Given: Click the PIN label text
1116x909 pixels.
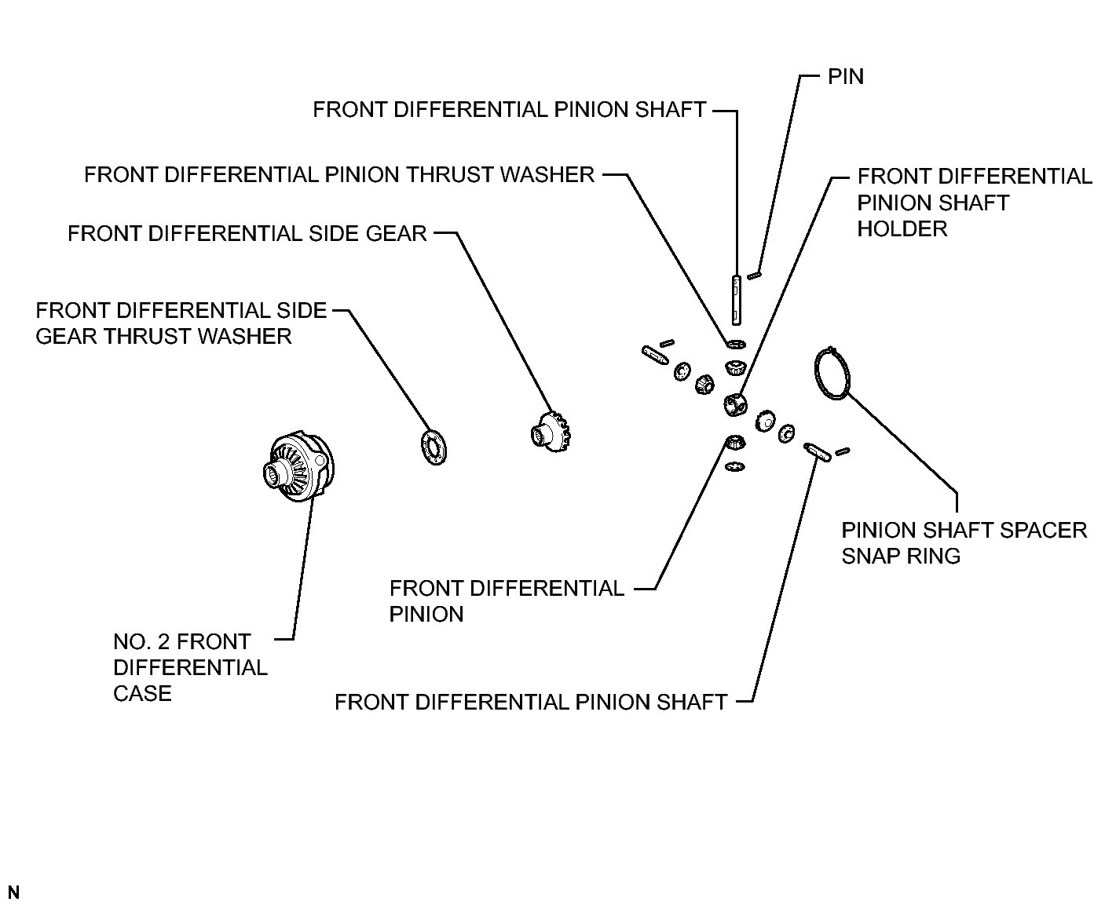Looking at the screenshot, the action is pos(845,77).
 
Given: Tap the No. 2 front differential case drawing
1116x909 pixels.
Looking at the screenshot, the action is pos(298,466).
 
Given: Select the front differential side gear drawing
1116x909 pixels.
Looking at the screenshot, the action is pos(551,432).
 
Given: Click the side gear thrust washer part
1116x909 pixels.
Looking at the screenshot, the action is pos(434,447).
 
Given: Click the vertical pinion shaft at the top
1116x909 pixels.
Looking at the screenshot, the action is pos(736,300).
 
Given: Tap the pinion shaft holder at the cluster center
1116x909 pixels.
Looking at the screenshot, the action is pos(735,405).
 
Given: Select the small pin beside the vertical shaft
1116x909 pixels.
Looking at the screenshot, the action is pos(754,276).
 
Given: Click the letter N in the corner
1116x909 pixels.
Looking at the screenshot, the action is pos(13,892).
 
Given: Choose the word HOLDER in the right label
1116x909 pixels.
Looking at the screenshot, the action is pos(902,229).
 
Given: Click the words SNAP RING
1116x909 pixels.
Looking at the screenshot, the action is pos(901,556).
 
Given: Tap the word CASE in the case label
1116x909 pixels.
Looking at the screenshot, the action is pos(142,694).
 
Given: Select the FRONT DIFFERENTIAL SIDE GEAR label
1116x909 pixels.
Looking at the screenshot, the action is pos(247,234).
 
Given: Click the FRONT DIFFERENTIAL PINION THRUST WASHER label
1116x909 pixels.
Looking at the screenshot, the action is pos(339,175).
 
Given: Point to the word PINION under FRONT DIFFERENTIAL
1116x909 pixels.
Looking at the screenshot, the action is pos(426,614).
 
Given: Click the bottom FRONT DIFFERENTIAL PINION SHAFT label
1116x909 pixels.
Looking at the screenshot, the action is pos(531,703).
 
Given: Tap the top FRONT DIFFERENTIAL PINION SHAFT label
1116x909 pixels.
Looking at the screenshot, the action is pos(510,110).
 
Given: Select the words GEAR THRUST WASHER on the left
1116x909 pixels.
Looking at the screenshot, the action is pos(163,336).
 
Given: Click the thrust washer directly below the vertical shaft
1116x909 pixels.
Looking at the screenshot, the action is pos(736,344).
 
